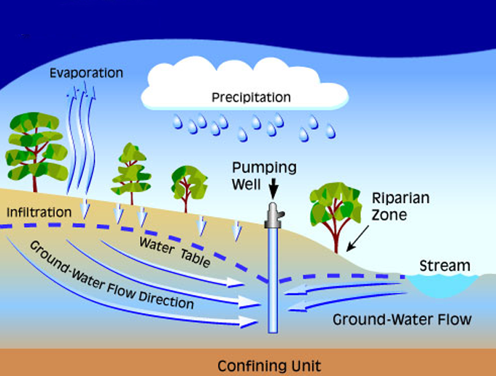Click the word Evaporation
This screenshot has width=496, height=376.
86,73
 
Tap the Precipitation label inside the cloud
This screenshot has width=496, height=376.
251,97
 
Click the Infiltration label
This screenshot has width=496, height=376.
39,212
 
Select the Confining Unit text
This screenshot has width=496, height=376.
268,365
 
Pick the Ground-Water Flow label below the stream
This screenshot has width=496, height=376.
402,319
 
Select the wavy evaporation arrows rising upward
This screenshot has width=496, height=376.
80,139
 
